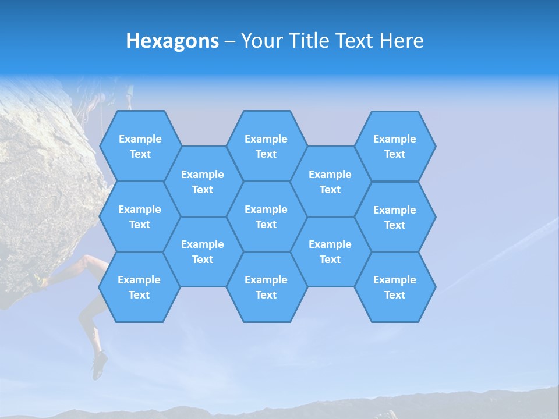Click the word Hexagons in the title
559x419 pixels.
pyautogui.click(x=172, y=41)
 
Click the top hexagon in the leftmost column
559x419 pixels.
pyautogui.click(x=140, y=146)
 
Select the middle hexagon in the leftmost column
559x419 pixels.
pyautogui.click(x=140, y=216)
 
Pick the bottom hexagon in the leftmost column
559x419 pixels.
pyautogui.click(x=139, y=287)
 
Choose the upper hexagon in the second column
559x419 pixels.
pyautogui.click(x=203, y=182)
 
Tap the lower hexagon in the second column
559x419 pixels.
pyautogui.click(x=203, y=251)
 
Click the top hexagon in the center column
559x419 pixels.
pyautogui.click(x=266, y=146)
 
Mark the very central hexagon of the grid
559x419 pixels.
pyautogui.click(x=266, y=216)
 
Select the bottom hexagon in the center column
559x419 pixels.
pyautogui.click(x=266, y=287)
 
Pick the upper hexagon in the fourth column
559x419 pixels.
pyautogui.click(x=330, y=182)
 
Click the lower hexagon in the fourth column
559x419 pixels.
pyautogui.click(x=330, y=251)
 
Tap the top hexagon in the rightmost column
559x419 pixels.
pyautogui.click(x=395, y=146)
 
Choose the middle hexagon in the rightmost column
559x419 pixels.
pyautogui.click(x=395, y=217)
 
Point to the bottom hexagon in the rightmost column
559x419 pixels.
pyautogui.click(x=395, y=287)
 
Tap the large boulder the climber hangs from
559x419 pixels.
pyautogui.click(x=41, y=175)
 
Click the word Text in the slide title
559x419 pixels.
pyautogui.click(x=358, y=41)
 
